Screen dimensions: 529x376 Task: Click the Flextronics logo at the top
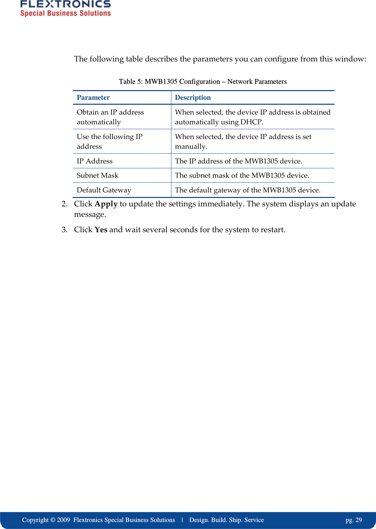[x=65, y=8]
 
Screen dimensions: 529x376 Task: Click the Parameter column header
[x=93, y=98]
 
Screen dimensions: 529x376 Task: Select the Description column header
[x=193, y=98]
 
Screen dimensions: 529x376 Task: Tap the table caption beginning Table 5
[x=202, y=82]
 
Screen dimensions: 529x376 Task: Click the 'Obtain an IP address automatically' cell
[x=110, y=117]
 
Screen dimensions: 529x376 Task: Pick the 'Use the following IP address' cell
[x=109, y=141]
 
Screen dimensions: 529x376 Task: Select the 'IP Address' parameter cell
[x=95, y=161]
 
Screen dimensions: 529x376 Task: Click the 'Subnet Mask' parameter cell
[x=97, y=175]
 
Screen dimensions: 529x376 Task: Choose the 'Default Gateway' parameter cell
[x=104, y=190]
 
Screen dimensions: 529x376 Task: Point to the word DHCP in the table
[x=251, y=122]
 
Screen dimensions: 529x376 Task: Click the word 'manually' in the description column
[x=190, y=147]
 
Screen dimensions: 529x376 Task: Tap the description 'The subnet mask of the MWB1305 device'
[x=242, y=175]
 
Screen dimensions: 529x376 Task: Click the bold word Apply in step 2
[x=106, y=204]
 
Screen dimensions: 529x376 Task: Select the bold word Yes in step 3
[x=101, y=230]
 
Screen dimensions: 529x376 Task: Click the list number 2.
[x=64, y=204]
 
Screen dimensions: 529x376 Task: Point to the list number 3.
[x=64, y=230]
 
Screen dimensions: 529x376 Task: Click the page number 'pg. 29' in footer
[x=353, y=520]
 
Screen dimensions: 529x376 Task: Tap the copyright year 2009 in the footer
[x=64, y=520]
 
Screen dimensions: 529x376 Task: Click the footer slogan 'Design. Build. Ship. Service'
[x=226, y=520]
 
